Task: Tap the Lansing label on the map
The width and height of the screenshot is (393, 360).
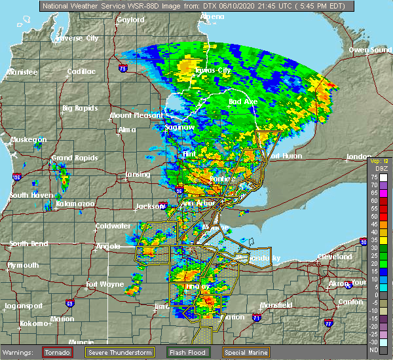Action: [138, 175]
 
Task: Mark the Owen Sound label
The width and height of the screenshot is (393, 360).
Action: [368, 50]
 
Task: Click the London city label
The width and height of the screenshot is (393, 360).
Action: [359, 157]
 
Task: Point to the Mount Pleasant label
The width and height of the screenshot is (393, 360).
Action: [131, 115]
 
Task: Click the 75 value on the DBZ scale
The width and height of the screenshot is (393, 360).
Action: [375, 177]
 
